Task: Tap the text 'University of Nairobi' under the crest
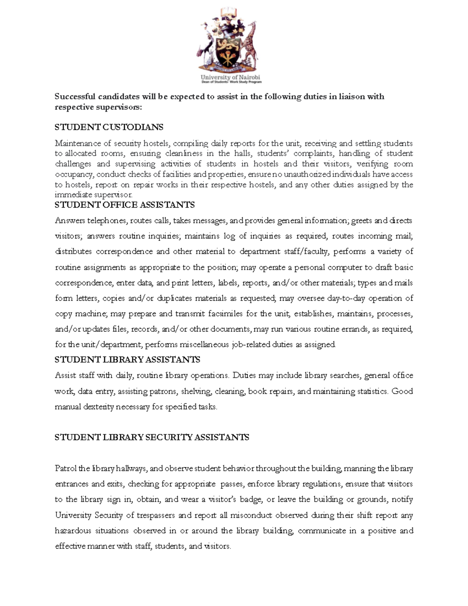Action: (x=230, y=77)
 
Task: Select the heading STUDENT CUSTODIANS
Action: (x=109, y=127)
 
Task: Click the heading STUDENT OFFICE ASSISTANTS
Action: (x=124, y=205)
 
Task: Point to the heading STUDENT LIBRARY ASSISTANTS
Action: (x=127, y=359)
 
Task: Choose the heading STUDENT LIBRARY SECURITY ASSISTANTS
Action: (x=152, y=437)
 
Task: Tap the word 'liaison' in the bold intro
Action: (x=352, y=96)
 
